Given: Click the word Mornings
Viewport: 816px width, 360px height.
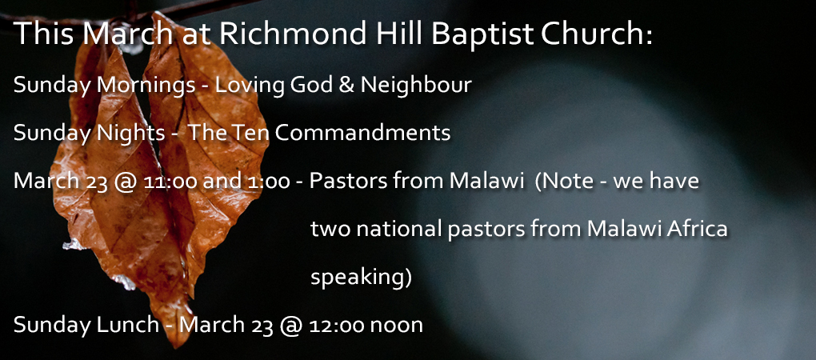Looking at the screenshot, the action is point(146,86).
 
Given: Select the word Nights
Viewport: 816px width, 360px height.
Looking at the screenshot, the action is point(131,134).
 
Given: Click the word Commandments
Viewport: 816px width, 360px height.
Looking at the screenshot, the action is point(362,134).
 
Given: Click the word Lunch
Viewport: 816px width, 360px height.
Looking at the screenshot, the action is point(128,325).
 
